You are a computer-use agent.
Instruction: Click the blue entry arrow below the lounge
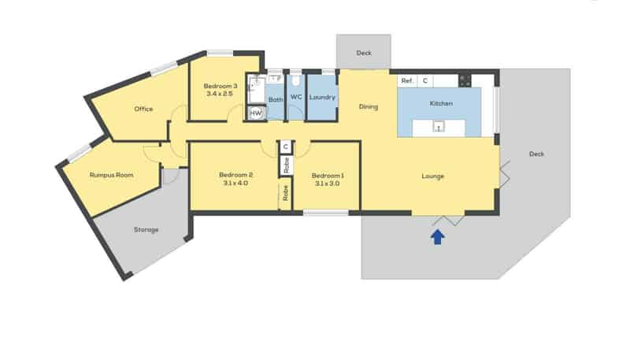[437, 237]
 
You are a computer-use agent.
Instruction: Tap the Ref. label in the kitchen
[407, 81]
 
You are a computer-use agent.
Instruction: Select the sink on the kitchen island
[438, 126]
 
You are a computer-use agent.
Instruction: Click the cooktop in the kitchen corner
[465, 80]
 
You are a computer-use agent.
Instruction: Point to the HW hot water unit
[255, 113]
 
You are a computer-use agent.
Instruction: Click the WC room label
[296, 98]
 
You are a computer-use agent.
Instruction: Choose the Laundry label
[322, 98]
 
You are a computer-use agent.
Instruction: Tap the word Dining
[369, 106]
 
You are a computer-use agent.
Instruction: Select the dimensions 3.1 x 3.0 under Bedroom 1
[326, 184]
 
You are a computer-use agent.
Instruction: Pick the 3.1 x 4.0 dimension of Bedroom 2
[235, 184]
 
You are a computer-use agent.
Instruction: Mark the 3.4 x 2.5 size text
[220, 94]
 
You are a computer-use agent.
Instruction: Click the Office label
[143, 109]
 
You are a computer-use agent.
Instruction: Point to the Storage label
[146, 230]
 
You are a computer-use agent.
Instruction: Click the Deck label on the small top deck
[363, 54]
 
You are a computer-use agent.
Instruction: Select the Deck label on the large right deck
[536, 154]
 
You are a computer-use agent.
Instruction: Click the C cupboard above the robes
[286, 147]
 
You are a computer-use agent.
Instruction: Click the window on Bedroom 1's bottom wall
[325, 212]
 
